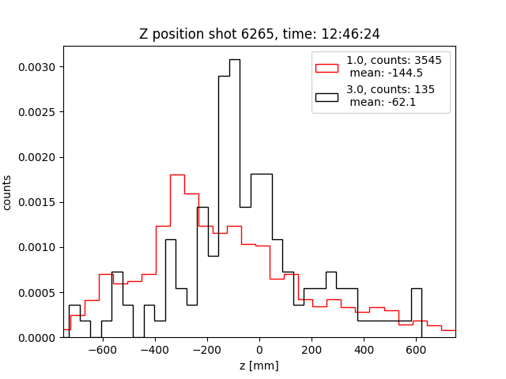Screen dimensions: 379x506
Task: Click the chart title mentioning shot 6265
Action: tap(259, 34)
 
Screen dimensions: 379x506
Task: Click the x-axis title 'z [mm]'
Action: tap(259, 366)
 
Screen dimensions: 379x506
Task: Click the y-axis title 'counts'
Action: tap(8, 192)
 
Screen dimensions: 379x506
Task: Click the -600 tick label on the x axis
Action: tap(100, 350)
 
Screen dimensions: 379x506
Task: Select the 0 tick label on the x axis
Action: tap(259, 350)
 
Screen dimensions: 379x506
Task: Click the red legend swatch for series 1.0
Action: tap(327, 66)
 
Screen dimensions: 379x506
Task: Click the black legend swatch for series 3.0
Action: tap(327, 96)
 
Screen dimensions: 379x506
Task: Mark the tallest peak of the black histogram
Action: tap(235, 60)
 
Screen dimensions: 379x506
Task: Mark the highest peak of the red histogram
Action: tap(177, 174)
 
